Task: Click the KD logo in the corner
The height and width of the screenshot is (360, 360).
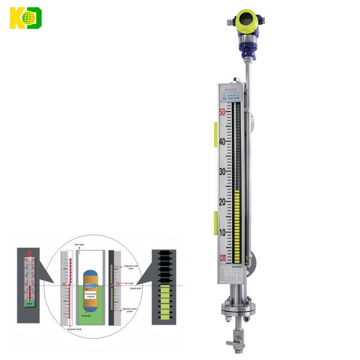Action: (x=26, y=18)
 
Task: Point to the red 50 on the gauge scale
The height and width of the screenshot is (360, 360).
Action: (x=222, y=112)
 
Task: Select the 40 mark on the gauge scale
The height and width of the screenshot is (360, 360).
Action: (x=222, y=141)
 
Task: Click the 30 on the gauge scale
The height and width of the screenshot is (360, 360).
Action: (x=222, y=171)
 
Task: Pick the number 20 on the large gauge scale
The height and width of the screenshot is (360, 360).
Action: (x=222, y=202)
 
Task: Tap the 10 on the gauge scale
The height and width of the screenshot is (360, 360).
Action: (x=222, y=232)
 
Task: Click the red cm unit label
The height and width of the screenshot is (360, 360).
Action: (x=223, y=258)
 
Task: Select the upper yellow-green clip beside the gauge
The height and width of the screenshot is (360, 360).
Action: (x=216, y=134)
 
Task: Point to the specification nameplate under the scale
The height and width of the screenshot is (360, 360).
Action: (x=231, y=274)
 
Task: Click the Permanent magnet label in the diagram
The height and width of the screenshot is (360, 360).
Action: (x=90, y=294)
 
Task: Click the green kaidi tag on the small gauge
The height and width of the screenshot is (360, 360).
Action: (x=29, y=304)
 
